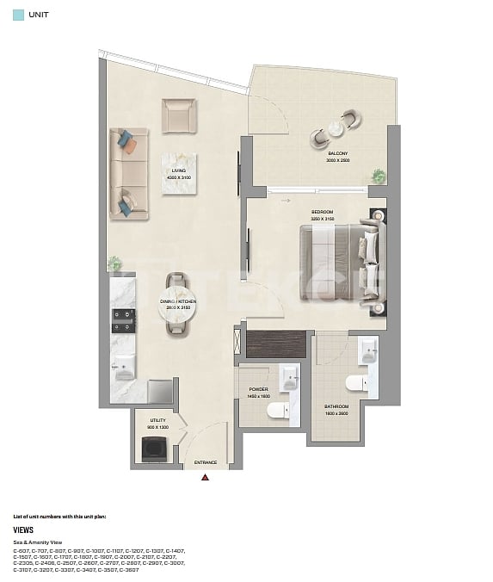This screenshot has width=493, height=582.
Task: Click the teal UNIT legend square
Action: [x=18, y=15]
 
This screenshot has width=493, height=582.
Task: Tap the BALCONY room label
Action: [x=337, y=153]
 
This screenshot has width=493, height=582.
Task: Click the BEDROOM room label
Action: [x=322, y=212]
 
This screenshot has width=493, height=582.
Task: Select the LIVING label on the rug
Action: [x=179, y=171]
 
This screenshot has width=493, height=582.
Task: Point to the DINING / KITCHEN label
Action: [x=178, y=301]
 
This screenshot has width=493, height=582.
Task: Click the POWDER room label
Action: [x=259, y=389]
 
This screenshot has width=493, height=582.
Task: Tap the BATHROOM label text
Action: [x=336, y=406]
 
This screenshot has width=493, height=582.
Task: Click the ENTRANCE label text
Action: [x=205, y=462]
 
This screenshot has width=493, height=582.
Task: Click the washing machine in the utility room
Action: [x=156, y=449]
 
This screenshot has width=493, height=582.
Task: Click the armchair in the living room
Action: [x=179, y=115]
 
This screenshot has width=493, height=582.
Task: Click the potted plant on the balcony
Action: [x=378, y=176]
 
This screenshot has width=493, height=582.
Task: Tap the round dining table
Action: [x=179, y=316]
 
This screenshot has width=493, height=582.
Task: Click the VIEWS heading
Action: [x=23, y=530]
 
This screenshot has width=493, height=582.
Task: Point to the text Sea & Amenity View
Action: [x=37, y=542]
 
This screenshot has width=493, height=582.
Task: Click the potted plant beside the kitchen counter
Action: [x=114, y=263]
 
